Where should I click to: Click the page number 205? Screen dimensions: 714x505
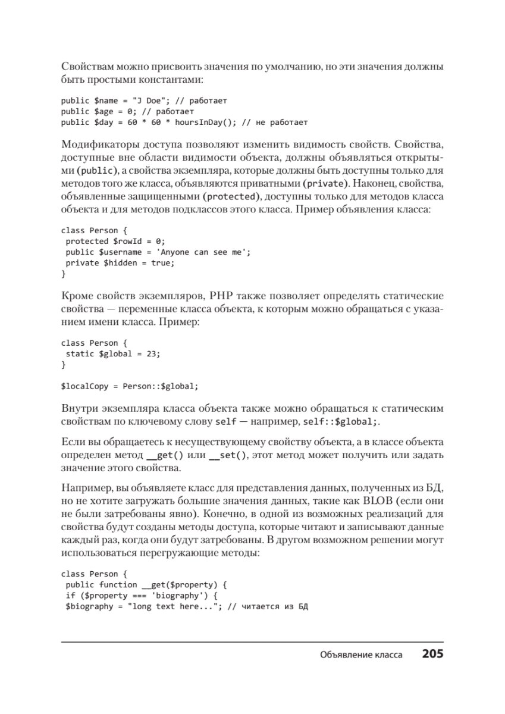[432, 654]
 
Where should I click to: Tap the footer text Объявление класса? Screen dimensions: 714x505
[361, 655]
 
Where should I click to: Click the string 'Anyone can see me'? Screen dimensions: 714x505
[201, 252]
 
